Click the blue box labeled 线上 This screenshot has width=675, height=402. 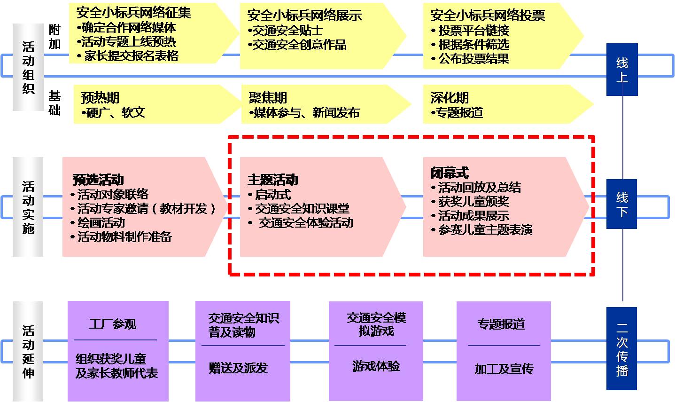click(621, 70)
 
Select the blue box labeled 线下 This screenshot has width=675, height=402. click(621, 204)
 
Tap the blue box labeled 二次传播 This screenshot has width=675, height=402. click(621, 348)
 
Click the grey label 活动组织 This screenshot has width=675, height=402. click(28, 67)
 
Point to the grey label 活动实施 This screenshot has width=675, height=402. click(28, 207)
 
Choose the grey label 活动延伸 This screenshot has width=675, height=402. click(28, 352)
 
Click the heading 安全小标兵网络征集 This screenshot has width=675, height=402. click(133, 13)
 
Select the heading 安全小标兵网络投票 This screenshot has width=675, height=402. click(488, 16)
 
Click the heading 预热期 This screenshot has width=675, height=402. click(100, 98)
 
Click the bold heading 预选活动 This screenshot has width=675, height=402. click(99, 180)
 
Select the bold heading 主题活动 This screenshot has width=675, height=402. click(272, 180)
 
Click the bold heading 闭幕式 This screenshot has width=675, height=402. click(450, 173)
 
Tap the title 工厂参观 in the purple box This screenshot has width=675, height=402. click(113, 324)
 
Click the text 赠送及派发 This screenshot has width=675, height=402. click(238, 368)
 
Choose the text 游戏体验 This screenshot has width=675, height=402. click(376, 366)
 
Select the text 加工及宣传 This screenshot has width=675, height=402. click(504, 369)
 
